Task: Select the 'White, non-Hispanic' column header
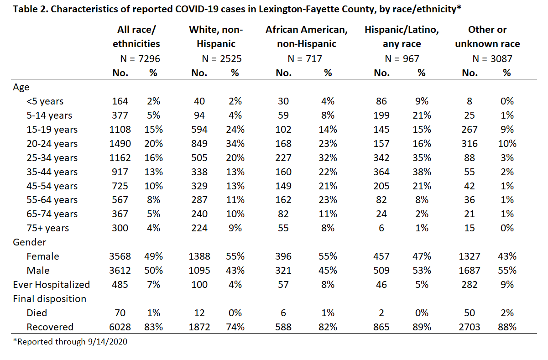(216, 37)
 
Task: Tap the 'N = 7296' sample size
(140, 59)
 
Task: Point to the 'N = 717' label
(305, 59)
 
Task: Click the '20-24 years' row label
(52, 144)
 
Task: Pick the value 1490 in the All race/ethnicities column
(120, 144)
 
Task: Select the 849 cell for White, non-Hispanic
(199, 144)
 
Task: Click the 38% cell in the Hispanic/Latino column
(422, 172)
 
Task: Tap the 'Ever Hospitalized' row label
(52, 285)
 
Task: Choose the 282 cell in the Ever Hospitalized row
(469, 285)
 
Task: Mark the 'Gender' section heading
(29, 242)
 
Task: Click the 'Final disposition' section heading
(49, 299)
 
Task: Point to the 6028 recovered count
(120, 327)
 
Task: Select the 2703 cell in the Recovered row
(469, 327)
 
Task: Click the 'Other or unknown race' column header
(487, 37)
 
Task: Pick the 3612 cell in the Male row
(120, 271)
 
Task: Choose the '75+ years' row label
(48, 228)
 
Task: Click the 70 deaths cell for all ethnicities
(120, 313)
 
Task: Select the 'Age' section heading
(21, 87)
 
